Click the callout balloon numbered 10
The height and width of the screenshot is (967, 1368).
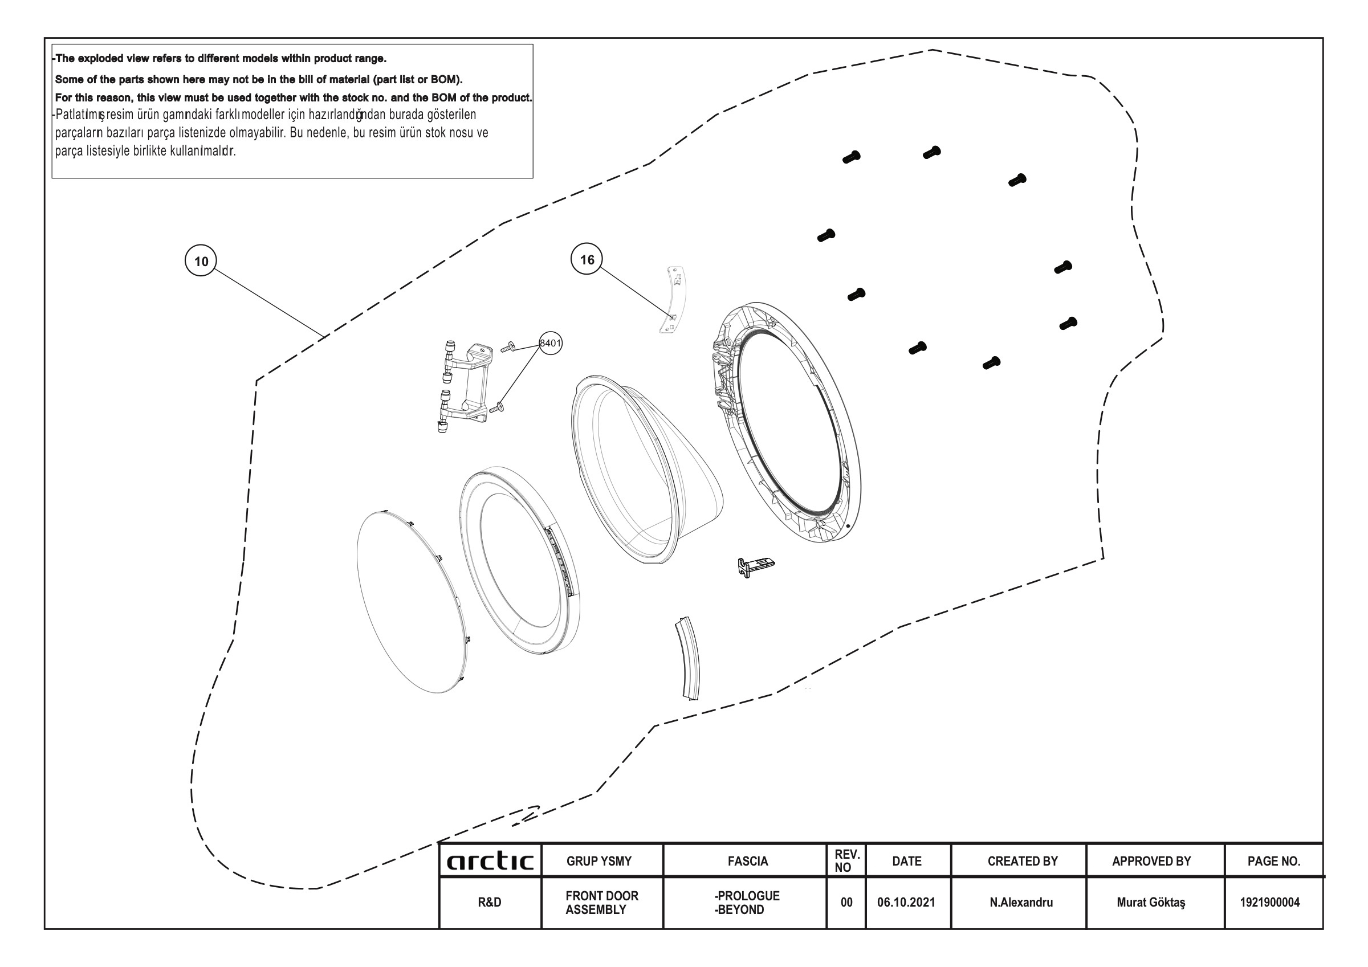[x=201, y=261]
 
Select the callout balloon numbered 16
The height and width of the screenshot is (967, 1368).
[x=587, y=259]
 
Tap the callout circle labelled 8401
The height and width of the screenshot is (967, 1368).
[x=551, y=342]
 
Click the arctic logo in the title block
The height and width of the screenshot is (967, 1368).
[x=490, y=861]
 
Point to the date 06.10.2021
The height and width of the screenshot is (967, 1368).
[x=906, y=902]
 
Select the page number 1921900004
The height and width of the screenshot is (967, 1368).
[x=1270, y=902]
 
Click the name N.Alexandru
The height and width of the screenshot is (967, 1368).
[x=1021, y=902]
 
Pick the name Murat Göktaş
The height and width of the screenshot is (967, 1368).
[x=1150, y=902]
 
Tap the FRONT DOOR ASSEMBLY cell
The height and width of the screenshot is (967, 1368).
[x=602, y=903]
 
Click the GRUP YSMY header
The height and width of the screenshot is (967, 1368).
[x=599, y=861]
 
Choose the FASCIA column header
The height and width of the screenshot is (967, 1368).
[x=748, y=861]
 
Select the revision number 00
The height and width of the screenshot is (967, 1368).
[x=846, y=902]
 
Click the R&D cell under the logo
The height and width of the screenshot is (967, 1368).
[x=489, y=902]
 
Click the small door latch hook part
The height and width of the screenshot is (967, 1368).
[x=755, y=566]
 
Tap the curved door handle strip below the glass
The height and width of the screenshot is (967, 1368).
[x=689, y=658]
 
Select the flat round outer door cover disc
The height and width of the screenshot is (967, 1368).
[x=412, y=602]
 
